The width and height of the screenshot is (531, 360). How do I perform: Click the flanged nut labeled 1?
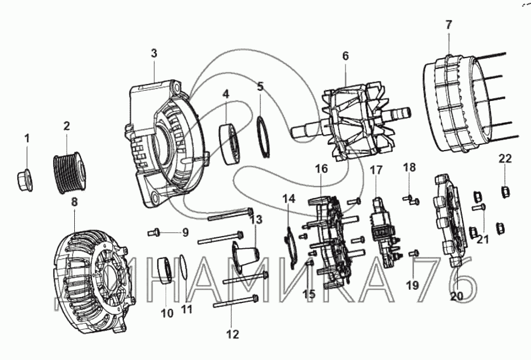(x=25, y=179)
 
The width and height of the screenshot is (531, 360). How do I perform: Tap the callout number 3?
(x=154, y=54)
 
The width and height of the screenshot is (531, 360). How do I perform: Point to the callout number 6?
(x=345, y=56)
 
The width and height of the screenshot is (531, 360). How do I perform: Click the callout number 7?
(x=448, y=25)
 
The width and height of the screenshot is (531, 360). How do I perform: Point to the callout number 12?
(x=232, y=334)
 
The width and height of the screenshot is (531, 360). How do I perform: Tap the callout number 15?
(x=309, y=294)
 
